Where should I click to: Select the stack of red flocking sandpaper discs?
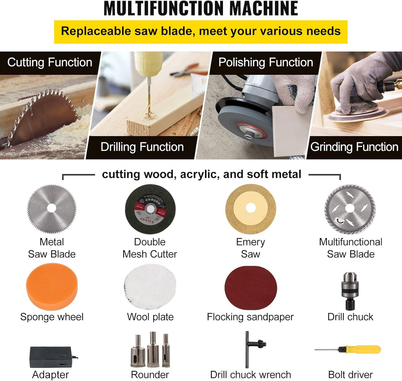pyautogui.click(x=251, y=287)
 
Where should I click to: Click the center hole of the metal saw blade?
pyautogui.click(x=51, y=208)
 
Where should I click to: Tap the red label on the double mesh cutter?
pyautogui.click(x=150, y=209)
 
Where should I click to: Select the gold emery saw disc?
pyautogui.click(x=251, y=209)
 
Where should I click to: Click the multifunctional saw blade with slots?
pyautogui.click(x=350, y=209)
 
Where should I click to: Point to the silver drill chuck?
pyautogui.click(x=350, y=291)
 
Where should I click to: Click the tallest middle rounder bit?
pyautogui.click(x=153, y=349)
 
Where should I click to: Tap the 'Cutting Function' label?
pyautogui.click(x=50, y=63)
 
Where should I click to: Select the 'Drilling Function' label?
pyautogui.click(x=142, y=147)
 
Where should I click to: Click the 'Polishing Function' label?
pyautogui.click(x=266, y=63)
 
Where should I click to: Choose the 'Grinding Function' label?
pyautogui.click(x=354, y=147)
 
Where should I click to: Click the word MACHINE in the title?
pyautogui.click(x=263, y=9)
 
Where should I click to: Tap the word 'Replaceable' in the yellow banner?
pyautogui.click(x=96, y=31)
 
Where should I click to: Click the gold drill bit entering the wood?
pyautogui.click(x=149, y=98)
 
